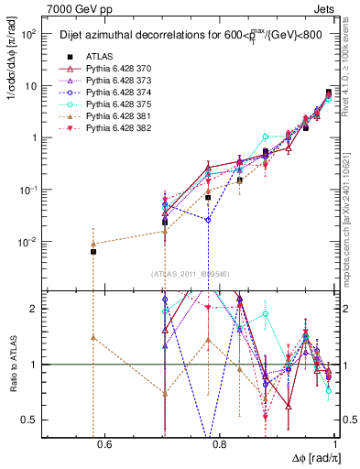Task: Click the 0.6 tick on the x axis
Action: point(104,446)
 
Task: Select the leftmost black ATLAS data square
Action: point(93,252)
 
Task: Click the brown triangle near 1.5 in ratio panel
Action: point(93,337)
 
